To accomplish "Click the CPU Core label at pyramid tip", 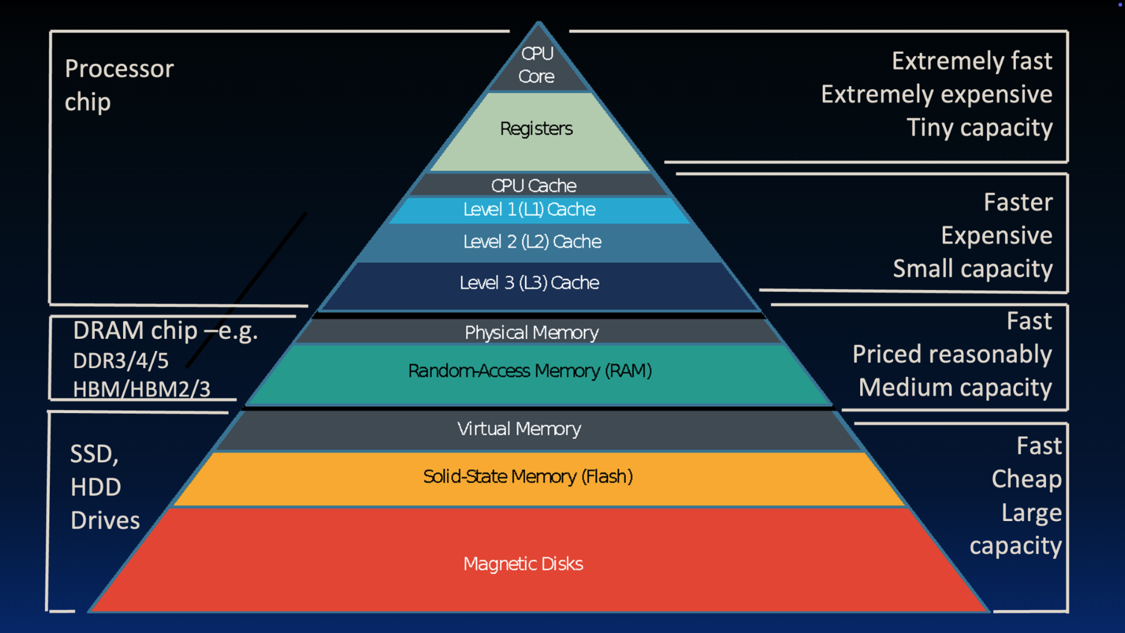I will pos(537,64).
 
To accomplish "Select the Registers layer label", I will pos(536,128).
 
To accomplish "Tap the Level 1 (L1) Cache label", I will pos(529,209).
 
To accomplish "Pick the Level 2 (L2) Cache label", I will pos(532,241).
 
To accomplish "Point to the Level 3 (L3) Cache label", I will pos(529,283).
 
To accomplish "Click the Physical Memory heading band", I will pos(531,332).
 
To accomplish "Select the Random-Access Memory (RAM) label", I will pos(530,370).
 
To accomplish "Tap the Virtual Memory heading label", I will pos(519,428).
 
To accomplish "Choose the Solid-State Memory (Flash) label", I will pos(528,476).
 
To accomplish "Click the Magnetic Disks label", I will pos(523,563).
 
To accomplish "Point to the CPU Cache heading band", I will pos(534,185).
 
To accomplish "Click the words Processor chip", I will pos(119,85).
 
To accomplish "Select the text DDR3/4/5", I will pos(121,360).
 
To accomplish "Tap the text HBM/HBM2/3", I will pos(141,389).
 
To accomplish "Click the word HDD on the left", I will pos(96,487).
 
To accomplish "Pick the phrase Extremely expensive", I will pos(936,94).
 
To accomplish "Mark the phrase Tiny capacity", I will pos(979,128).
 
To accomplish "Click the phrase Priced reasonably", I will pos(952,354).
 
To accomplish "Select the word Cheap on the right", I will pos(1026,479).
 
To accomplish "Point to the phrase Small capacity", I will pos(972,268).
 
